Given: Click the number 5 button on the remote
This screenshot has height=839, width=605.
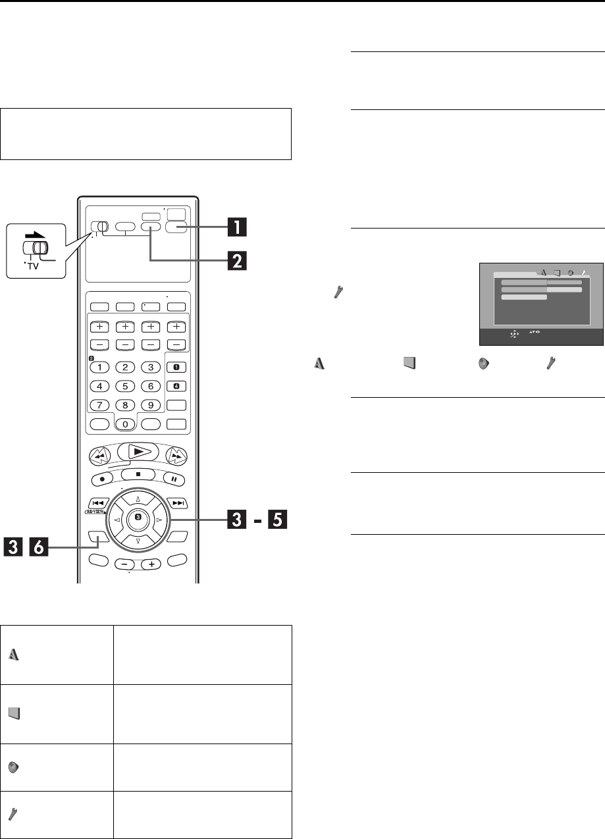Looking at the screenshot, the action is pos(127,386).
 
